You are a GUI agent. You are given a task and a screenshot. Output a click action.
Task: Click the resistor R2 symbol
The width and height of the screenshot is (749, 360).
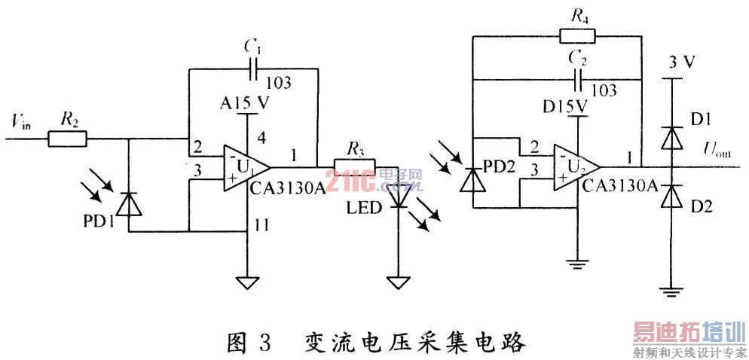[x=68, y=139]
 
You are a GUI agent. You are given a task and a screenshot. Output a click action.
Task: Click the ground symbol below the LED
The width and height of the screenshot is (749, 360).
[x=396, y=282]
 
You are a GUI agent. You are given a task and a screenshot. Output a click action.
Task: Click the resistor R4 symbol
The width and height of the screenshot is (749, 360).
[x=577, y=34]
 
